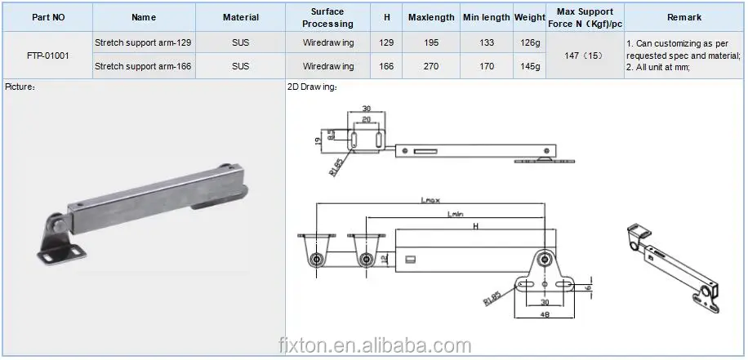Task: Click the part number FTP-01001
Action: click(x=47, y=56)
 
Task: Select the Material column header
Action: click(x=241, y=18)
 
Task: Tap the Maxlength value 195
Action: click(x=431, y=43)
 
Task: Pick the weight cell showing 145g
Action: click(x=531, y=66)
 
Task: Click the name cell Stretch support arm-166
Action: click(x=143, y=66)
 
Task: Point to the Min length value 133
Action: click(x=487, y=43)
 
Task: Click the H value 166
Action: click(x=386, y=66)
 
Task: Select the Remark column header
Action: click(x=684, y=18)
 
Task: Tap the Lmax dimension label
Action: click(x=430, y=200)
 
